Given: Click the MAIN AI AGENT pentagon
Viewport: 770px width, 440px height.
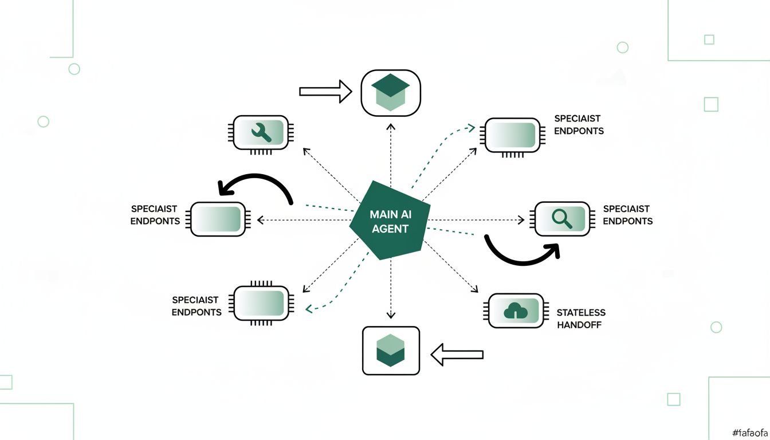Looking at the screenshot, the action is point(390,221).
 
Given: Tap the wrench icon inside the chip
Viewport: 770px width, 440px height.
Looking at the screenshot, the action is point(261,133).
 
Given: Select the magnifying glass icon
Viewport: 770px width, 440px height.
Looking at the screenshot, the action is point(561,219).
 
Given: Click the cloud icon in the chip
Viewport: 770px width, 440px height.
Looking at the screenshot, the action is point(515,311).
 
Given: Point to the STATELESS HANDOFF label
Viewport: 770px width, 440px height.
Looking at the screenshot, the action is point(581,319).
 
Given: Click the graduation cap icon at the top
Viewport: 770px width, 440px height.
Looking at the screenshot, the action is point(391,92).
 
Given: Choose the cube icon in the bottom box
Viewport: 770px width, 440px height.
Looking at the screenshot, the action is point(391,350).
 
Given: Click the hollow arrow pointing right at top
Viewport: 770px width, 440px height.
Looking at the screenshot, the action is point(325,92).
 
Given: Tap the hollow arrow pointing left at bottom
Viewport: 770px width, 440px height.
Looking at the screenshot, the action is point(457,355).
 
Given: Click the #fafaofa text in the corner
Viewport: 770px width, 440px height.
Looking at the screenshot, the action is point(750,433).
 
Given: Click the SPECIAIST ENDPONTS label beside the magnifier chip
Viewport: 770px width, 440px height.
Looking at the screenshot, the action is point(628,215).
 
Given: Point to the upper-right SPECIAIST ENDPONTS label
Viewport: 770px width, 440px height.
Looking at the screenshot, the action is point(579,124).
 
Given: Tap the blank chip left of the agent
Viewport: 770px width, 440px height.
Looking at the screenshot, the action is point(218,219).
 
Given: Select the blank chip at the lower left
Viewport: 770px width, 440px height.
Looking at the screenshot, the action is point(261,303).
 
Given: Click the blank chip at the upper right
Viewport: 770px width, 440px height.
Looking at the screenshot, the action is point(513,135).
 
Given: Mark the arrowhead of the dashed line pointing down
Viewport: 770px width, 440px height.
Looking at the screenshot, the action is point(391,315).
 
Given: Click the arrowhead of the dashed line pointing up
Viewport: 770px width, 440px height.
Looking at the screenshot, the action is point(391,127).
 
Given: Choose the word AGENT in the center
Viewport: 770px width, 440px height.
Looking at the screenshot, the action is point(390,229).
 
